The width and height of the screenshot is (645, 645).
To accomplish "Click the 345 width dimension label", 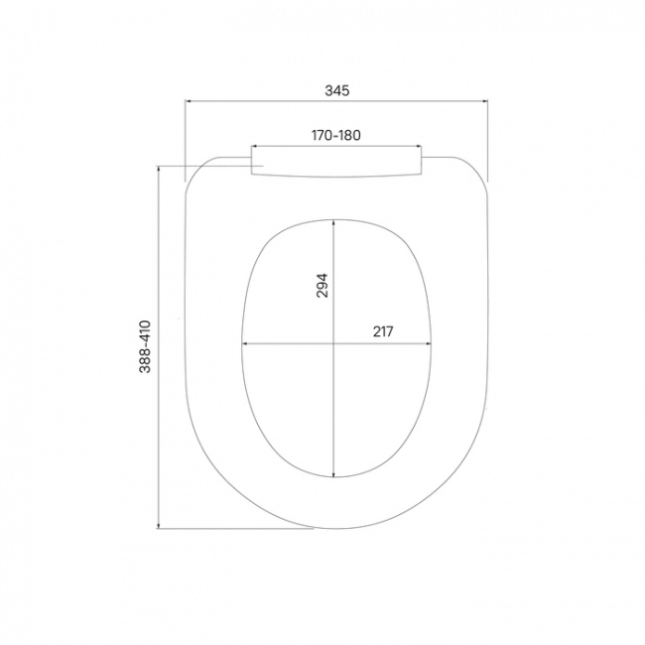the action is point(337,90).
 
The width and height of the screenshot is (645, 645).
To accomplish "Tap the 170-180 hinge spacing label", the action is point(336,135).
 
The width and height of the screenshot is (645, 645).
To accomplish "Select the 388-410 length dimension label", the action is point(145,346).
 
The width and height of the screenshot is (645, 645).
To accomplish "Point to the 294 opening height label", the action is point(322,285).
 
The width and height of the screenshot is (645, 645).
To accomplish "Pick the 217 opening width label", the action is point(383,331).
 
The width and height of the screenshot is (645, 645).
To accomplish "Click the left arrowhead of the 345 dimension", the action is point(188,101).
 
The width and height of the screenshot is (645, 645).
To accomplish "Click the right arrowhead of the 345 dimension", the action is point(484,101).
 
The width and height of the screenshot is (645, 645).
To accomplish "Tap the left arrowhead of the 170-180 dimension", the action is point(254,146).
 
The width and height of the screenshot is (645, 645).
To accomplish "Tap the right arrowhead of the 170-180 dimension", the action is point(419,146).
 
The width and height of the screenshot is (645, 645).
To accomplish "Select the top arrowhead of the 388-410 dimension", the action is point(159,169).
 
